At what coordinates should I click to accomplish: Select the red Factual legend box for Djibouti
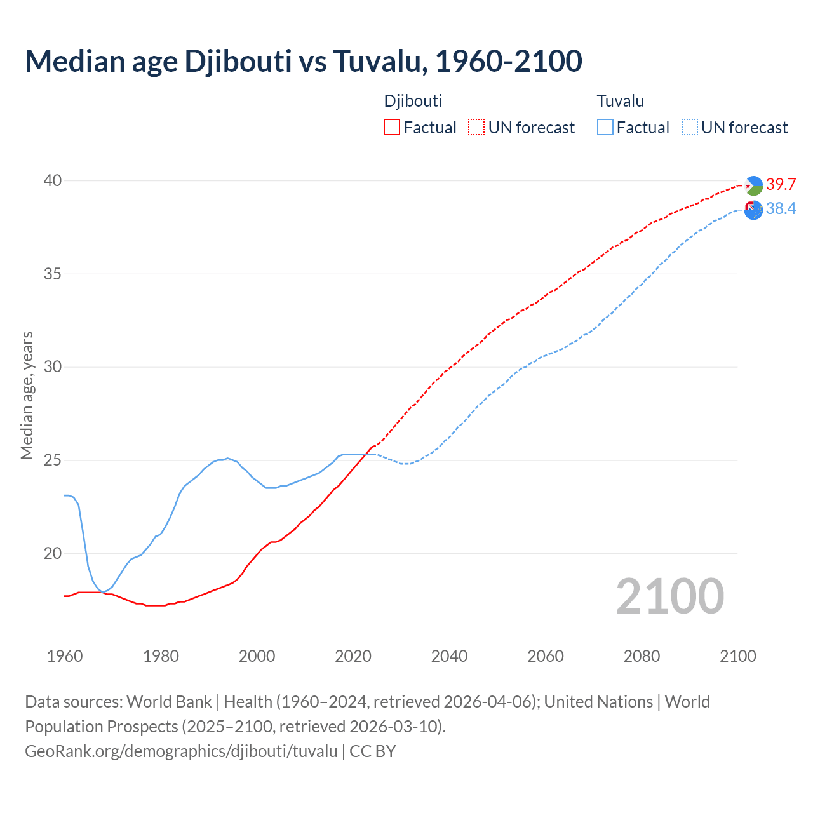(392, 128)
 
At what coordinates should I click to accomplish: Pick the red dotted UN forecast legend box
(476, 128)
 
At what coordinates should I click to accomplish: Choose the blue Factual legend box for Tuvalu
(605, 128)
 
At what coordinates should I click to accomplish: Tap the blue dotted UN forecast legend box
(690, 128)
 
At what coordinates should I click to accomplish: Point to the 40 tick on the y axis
(53, 181)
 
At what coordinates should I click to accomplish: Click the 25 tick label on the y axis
(53, 460)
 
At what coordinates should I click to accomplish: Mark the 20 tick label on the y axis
(53, 553)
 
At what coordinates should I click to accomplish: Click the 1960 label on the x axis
(65, 656)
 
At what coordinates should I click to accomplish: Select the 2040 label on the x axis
(449, 656)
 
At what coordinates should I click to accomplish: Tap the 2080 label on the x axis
(642, 656)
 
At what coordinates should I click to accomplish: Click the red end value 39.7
(781, 185)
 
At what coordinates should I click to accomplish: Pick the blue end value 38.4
(781, 209)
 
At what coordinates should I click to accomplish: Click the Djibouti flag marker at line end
(753, 185)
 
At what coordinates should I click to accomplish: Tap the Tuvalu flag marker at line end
(753, 210)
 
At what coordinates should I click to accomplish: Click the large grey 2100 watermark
(669, 596)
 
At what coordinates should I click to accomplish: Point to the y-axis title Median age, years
(27, 395)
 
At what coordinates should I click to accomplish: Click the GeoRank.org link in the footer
(181, 751)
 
